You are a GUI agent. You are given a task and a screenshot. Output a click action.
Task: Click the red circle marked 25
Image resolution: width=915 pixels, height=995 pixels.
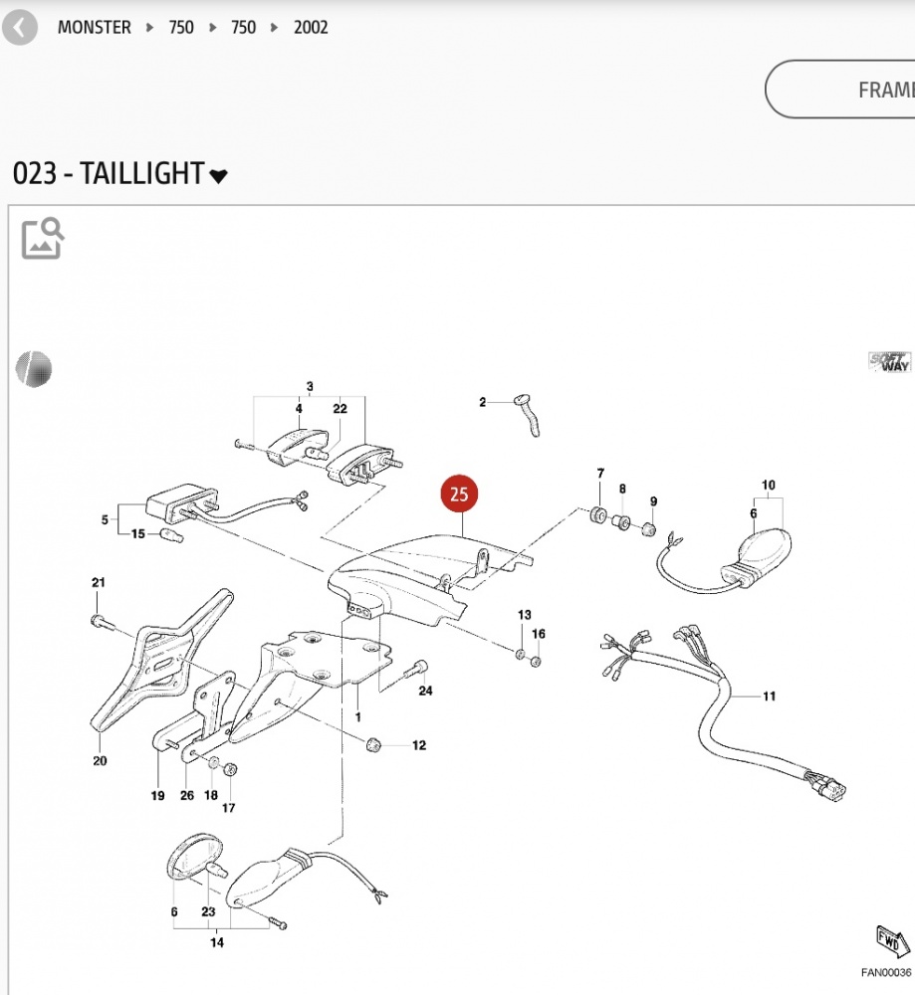[460, 495]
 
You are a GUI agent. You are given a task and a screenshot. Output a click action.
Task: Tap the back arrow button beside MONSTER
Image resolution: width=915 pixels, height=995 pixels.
[19, 28]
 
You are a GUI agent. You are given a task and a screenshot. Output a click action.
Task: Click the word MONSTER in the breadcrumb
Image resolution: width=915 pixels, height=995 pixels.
[94, 28]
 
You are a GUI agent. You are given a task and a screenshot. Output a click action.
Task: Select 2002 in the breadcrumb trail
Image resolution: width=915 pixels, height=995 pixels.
[311, 28]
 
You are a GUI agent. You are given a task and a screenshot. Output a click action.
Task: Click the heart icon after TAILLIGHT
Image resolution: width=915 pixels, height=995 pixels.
[219, 176]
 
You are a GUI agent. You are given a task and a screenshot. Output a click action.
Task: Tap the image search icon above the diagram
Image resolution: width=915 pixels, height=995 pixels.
[43, 238]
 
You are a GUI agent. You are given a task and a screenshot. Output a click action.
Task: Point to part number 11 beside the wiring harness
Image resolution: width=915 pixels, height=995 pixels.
[769, 696]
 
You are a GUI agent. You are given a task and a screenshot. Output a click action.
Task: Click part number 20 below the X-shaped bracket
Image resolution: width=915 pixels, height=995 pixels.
[100, 761]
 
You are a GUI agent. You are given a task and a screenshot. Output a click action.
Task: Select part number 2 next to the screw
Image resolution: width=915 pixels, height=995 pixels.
[483, 402]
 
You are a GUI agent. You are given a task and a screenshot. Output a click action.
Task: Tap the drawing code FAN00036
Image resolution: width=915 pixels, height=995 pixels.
[885, 973]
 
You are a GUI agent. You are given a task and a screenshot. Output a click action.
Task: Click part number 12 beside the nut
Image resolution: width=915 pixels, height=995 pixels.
[418, 745]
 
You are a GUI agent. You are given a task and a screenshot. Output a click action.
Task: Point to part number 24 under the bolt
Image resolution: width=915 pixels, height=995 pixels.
[425, 691]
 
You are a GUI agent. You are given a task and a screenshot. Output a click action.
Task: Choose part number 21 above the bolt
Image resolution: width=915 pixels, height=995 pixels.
[98, 582]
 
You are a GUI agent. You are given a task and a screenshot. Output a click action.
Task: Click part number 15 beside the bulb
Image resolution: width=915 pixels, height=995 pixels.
[138, 534]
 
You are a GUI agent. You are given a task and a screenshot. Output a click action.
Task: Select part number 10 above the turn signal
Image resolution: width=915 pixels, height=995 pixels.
[768, 486]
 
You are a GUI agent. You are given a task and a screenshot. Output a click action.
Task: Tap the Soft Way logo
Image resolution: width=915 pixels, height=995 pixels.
[889, 362]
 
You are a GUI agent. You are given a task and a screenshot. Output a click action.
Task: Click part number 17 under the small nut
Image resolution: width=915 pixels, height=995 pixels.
[228, 808]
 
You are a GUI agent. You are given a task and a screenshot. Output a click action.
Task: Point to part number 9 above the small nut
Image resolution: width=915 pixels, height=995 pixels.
[653, 500]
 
